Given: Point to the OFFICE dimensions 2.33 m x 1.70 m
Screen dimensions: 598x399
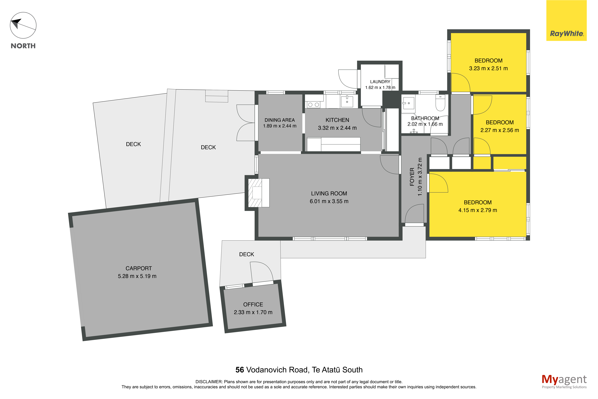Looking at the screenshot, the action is (253, 312).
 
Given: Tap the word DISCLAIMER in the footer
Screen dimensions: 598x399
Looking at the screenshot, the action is (209, 382).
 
